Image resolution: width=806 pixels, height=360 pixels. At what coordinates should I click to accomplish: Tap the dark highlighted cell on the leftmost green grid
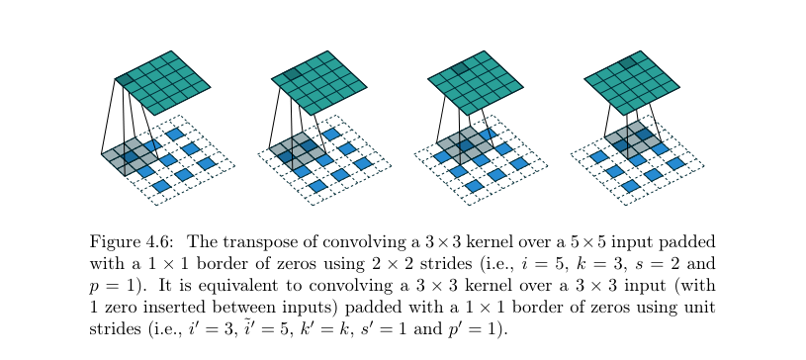click(x=126, y=79)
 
